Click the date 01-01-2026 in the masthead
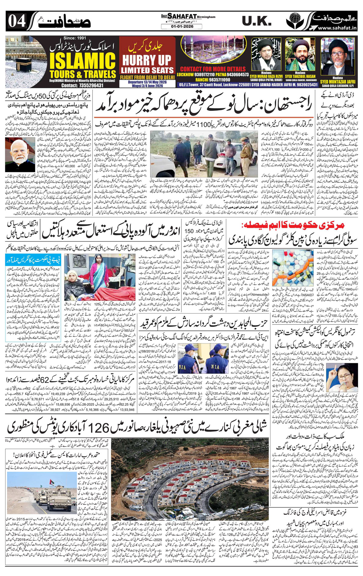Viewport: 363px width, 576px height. coord(181,27)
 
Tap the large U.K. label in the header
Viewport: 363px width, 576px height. coord(257,21)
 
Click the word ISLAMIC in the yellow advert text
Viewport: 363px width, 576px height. coord(83,62)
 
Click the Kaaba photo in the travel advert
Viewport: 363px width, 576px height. coord(26,62)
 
